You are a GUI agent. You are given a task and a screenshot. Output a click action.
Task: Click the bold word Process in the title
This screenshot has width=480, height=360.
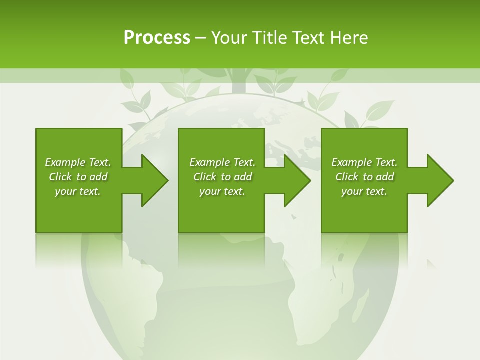point(157,38)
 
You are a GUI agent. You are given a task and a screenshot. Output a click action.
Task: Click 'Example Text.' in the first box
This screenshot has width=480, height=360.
point(78,162)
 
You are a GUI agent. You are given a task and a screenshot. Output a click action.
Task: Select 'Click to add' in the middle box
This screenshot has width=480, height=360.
point(222,177)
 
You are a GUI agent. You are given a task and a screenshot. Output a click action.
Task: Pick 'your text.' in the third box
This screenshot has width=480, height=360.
point(364,191)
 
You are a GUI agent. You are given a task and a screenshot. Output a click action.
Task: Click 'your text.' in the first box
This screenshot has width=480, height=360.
point(78,191)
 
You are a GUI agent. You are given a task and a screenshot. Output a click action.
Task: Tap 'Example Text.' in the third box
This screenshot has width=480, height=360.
point(364,162)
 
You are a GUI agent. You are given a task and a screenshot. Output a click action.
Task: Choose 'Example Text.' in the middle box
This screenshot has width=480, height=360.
point(222,162)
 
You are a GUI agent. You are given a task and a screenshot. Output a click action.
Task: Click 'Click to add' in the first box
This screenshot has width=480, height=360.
point(78,177)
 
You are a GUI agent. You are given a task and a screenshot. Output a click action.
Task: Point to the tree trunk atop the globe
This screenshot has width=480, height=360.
point(239,82)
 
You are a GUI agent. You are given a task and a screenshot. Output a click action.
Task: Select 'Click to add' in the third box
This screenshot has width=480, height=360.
point(364,177)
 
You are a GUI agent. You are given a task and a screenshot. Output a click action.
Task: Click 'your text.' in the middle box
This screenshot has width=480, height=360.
point(222,191)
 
